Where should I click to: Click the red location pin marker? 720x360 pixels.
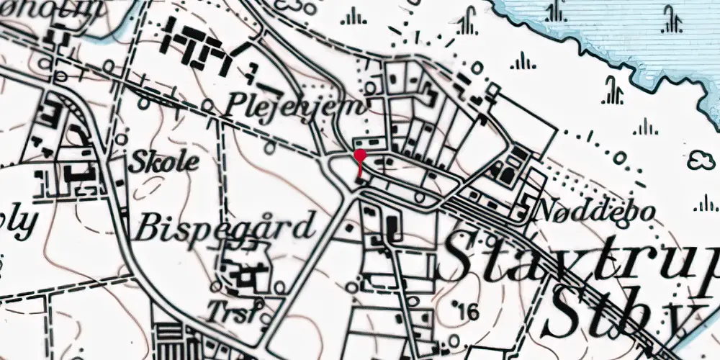[x=359, y=156]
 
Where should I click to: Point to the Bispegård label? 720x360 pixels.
[x=225, y=228]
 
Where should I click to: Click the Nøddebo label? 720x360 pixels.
[x=596, y=212]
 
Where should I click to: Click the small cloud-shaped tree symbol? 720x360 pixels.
[x=702, y=160]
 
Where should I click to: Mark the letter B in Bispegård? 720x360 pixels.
[x=145, y=228]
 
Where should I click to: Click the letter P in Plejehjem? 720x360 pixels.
[x=235, y=106]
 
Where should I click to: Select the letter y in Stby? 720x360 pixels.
[x=677, y=317]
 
